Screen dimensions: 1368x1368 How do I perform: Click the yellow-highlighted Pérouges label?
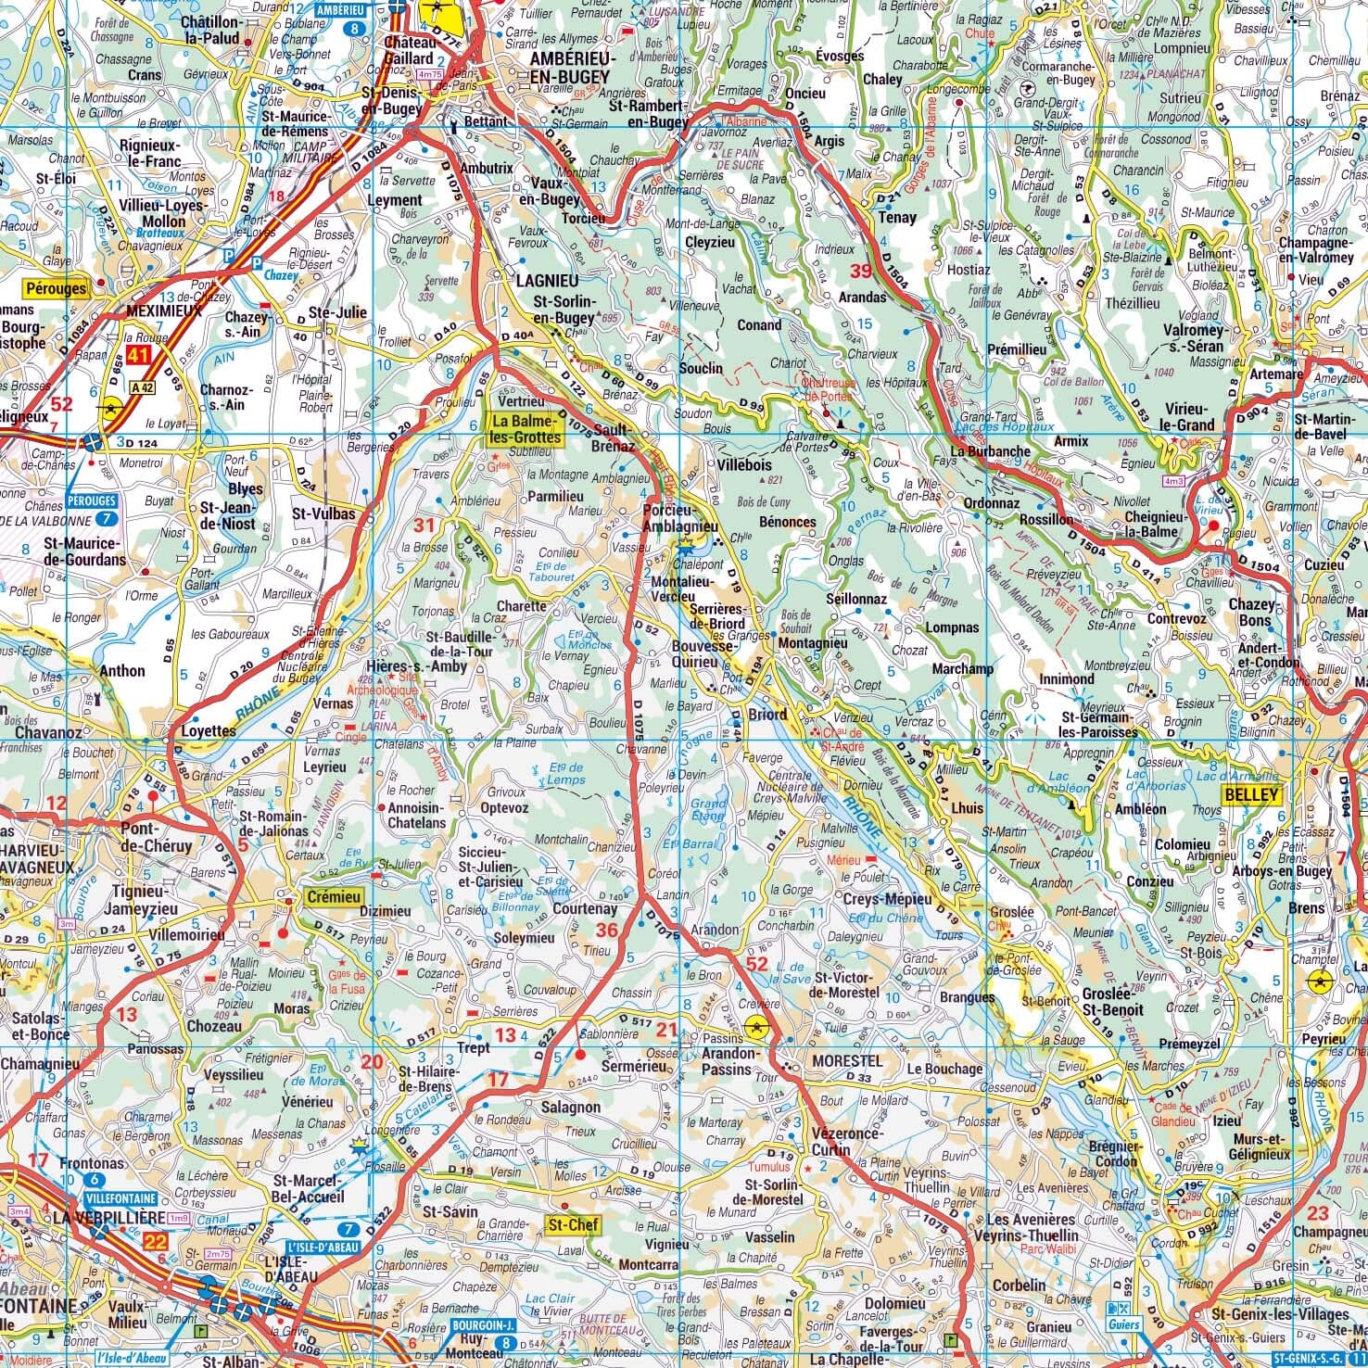(x=57, y=288)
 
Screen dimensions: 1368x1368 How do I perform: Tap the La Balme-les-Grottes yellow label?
(x=526, y=428)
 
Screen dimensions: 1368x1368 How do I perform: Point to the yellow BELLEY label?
(x=1251, y=794)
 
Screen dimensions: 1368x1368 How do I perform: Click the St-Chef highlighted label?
(x=574, y=1225)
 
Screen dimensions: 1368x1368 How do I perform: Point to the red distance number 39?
(x=862, y=271)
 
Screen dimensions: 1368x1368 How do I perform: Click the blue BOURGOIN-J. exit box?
(x=481, y=1326)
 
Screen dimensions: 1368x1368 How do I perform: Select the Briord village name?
(x=767, y=714)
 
